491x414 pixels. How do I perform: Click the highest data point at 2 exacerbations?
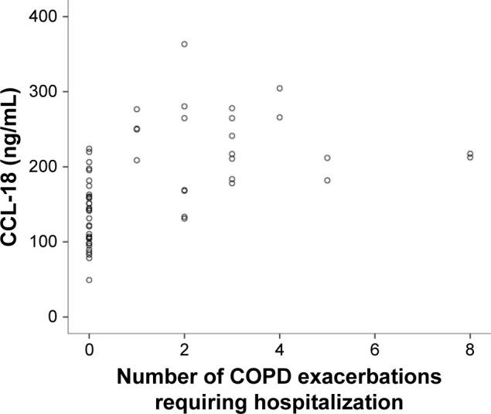click(184, 44)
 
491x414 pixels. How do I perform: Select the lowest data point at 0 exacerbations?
click(89, 280)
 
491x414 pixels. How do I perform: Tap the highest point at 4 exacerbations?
click(279, 88)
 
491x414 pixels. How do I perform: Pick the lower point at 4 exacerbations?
click(279, 117)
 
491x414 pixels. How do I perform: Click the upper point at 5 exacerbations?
click(327, 158)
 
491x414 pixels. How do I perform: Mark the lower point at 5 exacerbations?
click(327, 181)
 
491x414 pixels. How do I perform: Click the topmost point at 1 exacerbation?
click(137, 109)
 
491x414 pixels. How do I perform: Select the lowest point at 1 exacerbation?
click(137, 161)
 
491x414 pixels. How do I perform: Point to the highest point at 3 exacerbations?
click(232, 108)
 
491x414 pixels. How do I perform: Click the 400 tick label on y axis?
click(44, 16)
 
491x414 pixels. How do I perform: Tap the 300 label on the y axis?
click(44, 91)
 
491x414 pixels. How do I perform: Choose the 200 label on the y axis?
click(44, 166)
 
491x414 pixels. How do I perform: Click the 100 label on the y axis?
click(44, 241)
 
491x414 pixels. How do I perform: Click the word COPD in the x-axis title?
click(262, 378)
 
